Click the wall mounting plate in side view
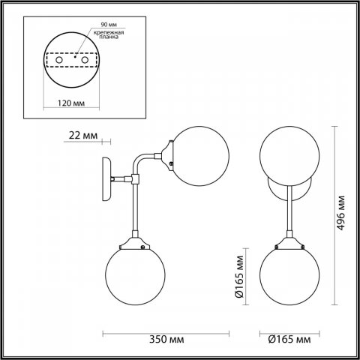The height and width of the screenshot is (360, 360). click(x=106, y=180)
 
